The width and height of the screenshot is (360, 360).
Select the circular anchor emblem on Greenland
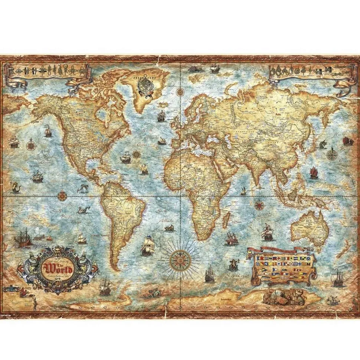click(x=145, y=86)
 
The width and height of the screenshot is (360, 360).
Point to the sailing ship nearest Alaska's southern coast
click(x=48, y=130)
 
